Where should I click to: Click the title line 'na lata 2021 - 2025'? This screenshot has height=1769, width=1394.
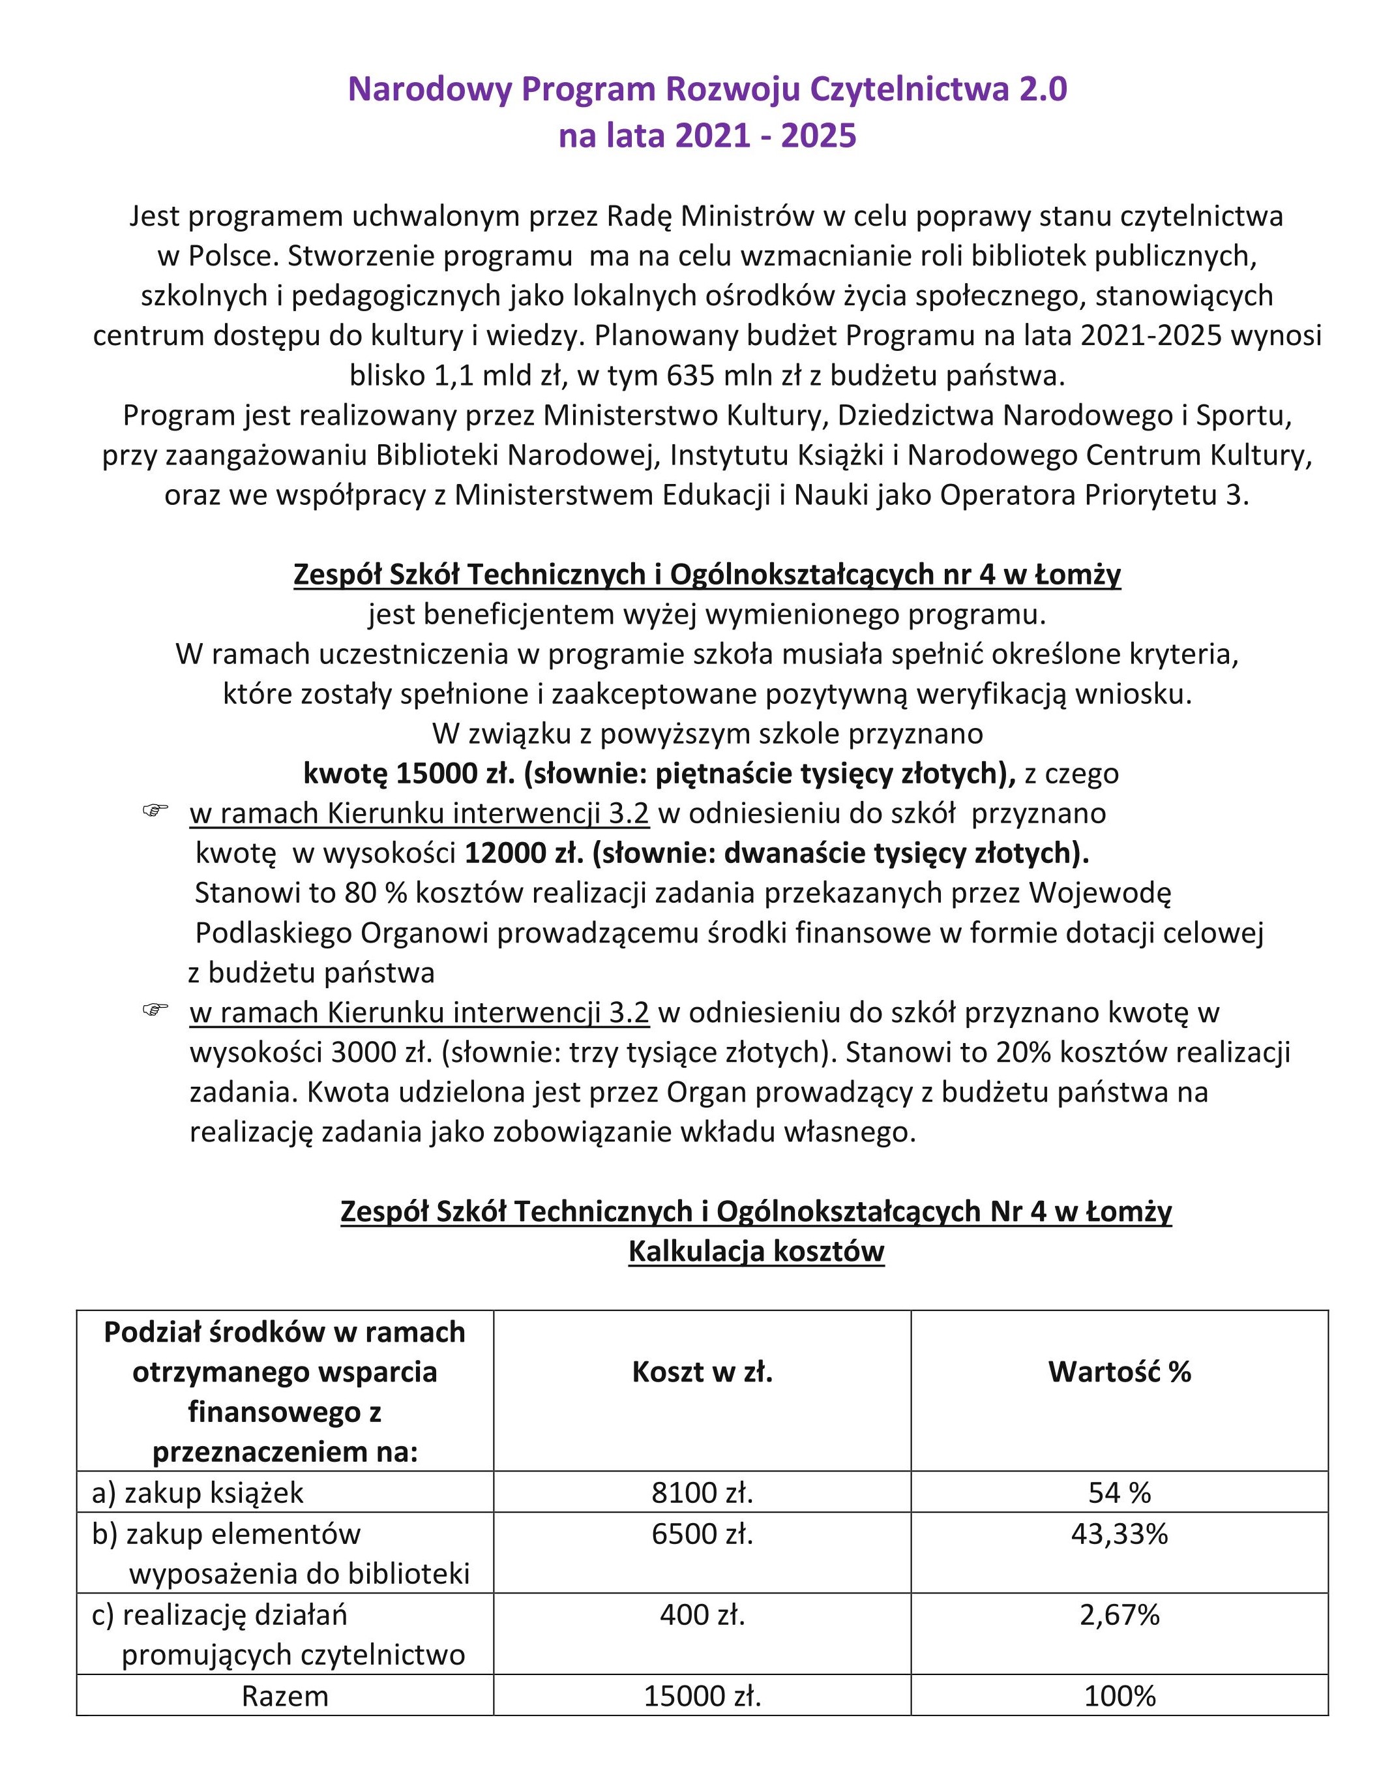(707, 136)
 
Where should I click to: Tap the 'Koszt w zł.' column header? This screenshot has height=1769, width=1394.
(702, 1372)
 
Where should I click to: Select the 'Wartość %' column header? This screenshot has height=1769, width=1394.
(1119, 1372)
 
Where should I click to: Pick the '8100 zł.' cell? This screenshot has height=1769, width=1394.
(702, 1493)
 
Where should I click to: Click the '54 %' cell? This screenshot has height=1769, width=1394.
(1119, 1493)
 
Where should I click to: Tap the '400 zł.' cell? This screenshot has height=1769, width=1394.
(702, 1614)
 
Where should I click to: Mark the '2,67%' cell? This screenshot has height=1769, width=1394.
(1119, 1614)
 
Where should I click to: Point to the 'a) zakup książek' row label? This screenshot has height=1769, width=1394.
(198, 1493)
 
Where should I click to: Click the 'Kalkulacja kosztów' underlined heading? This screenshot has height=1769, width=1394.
(756, 1252)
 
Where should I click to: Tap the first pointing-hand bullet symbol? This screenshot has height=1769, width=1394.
(155, 811)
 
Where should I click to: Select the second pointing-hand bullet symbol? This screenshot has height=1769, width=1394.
(155, 1010)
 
